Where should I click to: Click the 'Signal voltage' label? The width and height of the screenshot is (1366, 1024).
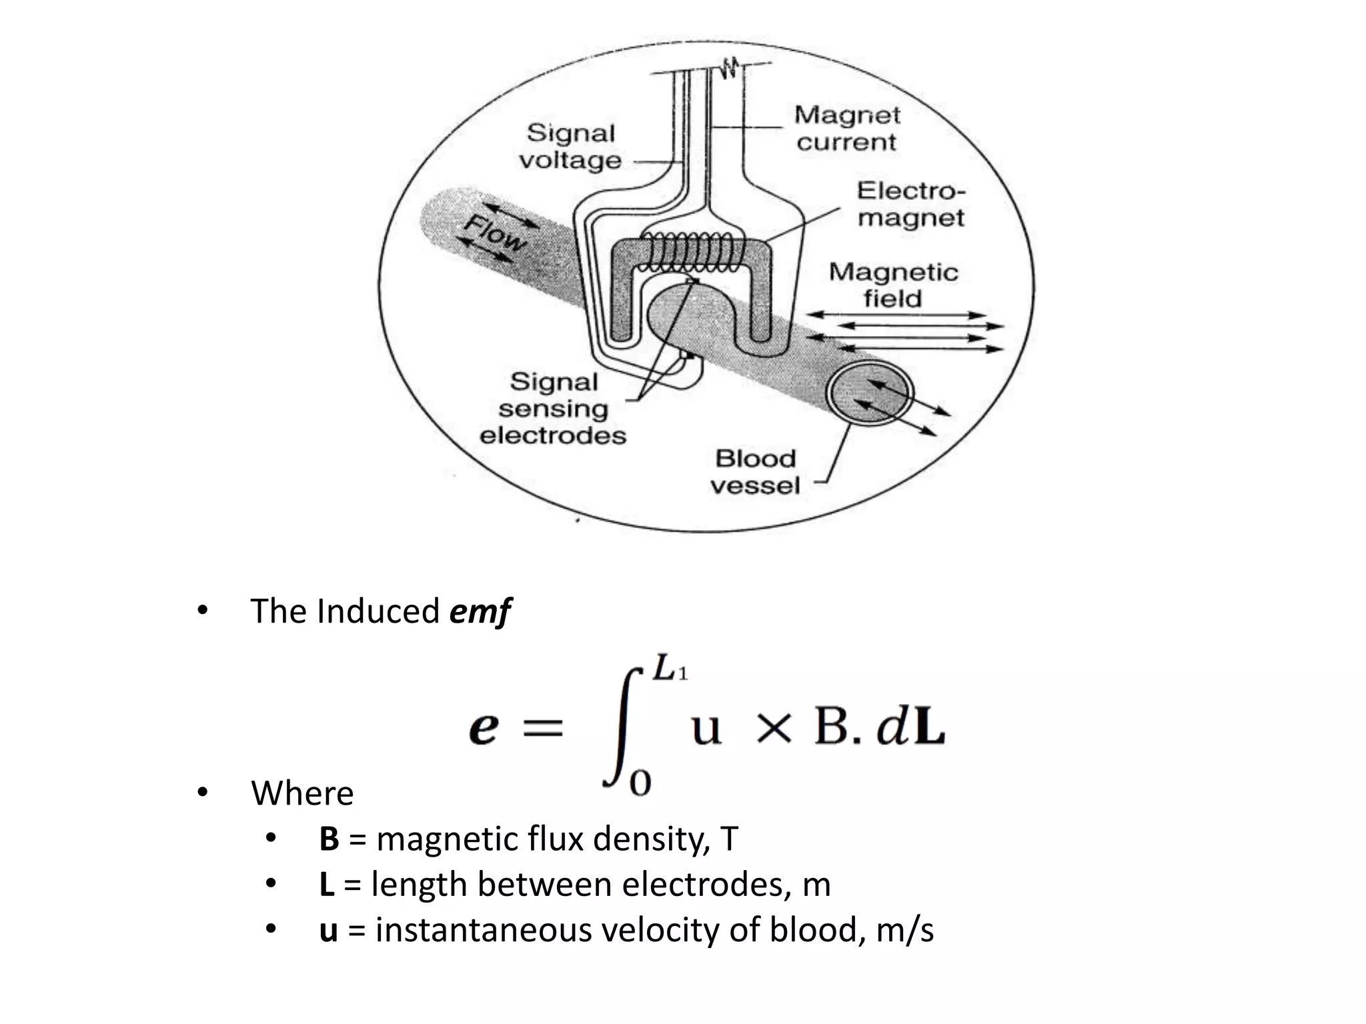(570, 147)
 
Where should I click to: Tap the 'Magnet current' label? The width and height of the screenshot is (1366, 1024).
(846, 129)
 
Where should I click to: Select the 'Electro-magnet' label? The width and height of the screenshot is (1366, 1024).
(910, 204)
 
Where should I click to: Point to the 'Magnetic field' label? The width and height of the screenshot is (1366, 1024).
(893, 285)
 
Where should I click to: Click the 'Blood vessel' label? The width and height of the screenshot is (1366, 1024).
(755, 471)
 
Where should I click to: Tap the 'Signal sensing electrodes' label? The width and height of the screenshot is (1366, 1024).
(553, 408)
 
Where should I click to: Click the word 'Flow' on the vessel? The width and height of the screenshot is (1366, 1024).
(494, 233)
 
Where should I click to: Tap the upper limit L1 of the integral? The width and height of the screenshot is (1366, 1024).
(669, 669)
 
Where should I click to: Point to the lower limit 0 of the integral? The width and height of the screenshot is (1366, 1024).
(640, 781)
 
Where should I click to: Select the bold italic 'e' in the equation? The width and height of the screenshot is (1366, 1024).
(484, 728)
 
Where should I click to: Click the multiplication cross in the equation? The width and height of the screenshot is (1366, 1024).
(774, 728)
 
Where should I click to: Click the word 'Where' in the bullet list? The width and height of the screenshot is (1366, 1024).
(302, 793)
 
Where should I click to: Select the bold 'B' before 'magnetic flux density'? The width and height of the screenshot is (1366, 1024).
(329, 839)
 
